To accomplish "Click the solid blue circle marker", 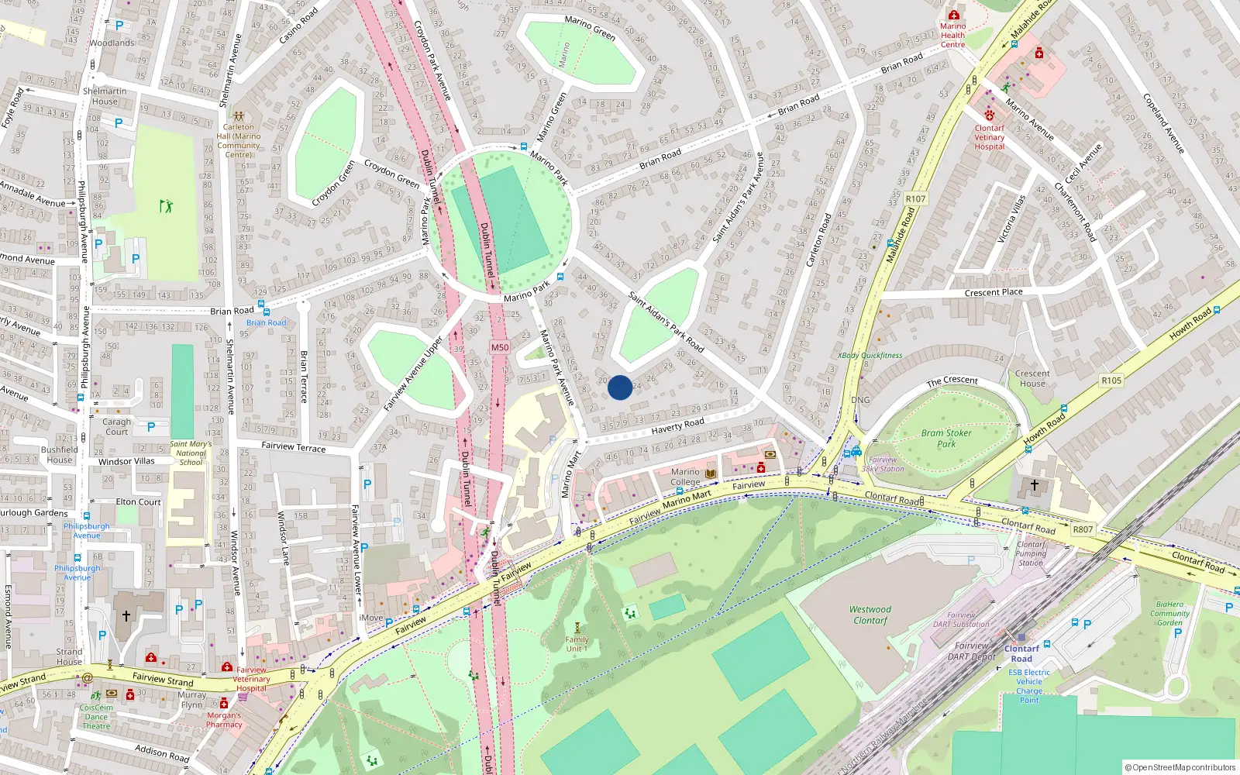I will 620,387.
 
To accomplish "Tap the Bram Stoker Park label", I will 946,439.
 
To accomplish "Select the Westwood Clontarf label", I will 870,615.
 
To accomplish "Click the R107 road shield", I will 915,199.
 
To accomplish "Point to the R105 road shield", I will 1111,381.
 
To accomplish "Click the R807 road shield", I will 1083,529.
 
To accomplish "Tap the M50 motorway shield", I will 500,347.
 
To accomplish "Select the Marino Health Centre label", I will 952,35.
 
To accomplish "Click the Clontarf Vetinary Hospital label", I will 990,137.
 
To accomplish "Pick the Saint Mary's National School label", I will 191,453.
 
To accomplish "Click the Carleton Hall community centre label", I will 239,140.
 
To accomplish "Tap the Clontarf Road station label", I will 1021,653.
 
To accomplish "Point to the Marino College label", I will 685,477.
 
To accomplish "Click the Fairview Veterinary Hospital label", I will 252,679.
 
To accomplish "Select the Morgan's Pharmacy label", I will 224,720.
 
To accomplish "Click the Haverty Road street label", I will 678,425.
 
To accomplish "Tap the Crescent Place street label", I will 994,293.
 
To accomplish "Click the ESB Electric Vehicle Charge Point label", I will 1029,686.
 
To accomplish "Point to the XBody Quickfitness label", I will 870,356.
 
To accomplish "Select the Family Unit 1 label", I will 577,644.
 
